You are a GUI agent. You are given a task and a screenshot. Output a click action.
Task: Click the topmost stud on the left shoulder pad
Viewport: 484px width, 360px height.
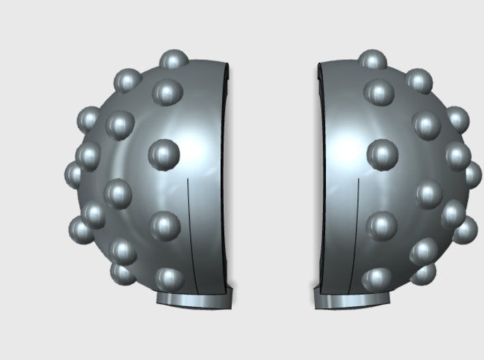point(175,60)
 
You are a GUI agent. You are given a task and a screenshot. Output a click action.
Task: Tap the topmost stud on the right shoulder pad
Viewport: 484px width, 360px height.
point(372,60)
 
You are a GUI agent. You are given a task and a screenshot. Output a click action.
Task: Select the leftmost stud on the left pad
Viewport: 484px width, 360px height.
point(75,175)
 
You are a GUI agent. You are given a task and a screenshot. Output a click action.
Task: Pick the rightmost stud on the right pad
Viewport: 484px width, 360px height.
point(472,175)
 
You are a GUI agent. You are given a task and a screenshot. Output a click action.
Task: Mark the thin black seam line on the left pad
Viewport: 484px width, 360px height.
point(190,232)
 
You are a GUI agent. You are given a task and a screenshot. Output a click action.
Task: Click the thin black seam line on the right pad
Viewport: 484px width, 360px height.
point(357,232)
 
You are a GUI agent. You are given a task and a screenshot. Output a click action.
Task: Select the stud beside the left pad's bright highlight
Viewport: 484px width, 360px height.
point(164,155)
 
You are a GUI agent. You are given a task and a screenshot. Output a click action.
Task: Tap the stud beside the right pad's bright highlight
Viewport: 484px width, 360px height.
point(382,155)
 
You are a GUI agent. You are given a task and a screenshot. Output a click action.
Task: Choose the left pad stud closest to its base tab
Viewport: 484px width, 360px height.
point(168,278)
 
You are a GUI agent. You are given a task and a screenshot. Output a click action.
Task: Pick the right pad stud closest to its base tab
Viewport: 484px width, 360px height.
point(378,278)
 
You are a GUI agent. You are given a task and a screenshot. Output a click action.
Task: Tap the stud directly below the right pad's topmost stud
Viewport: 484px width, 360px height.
point(379,92)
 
